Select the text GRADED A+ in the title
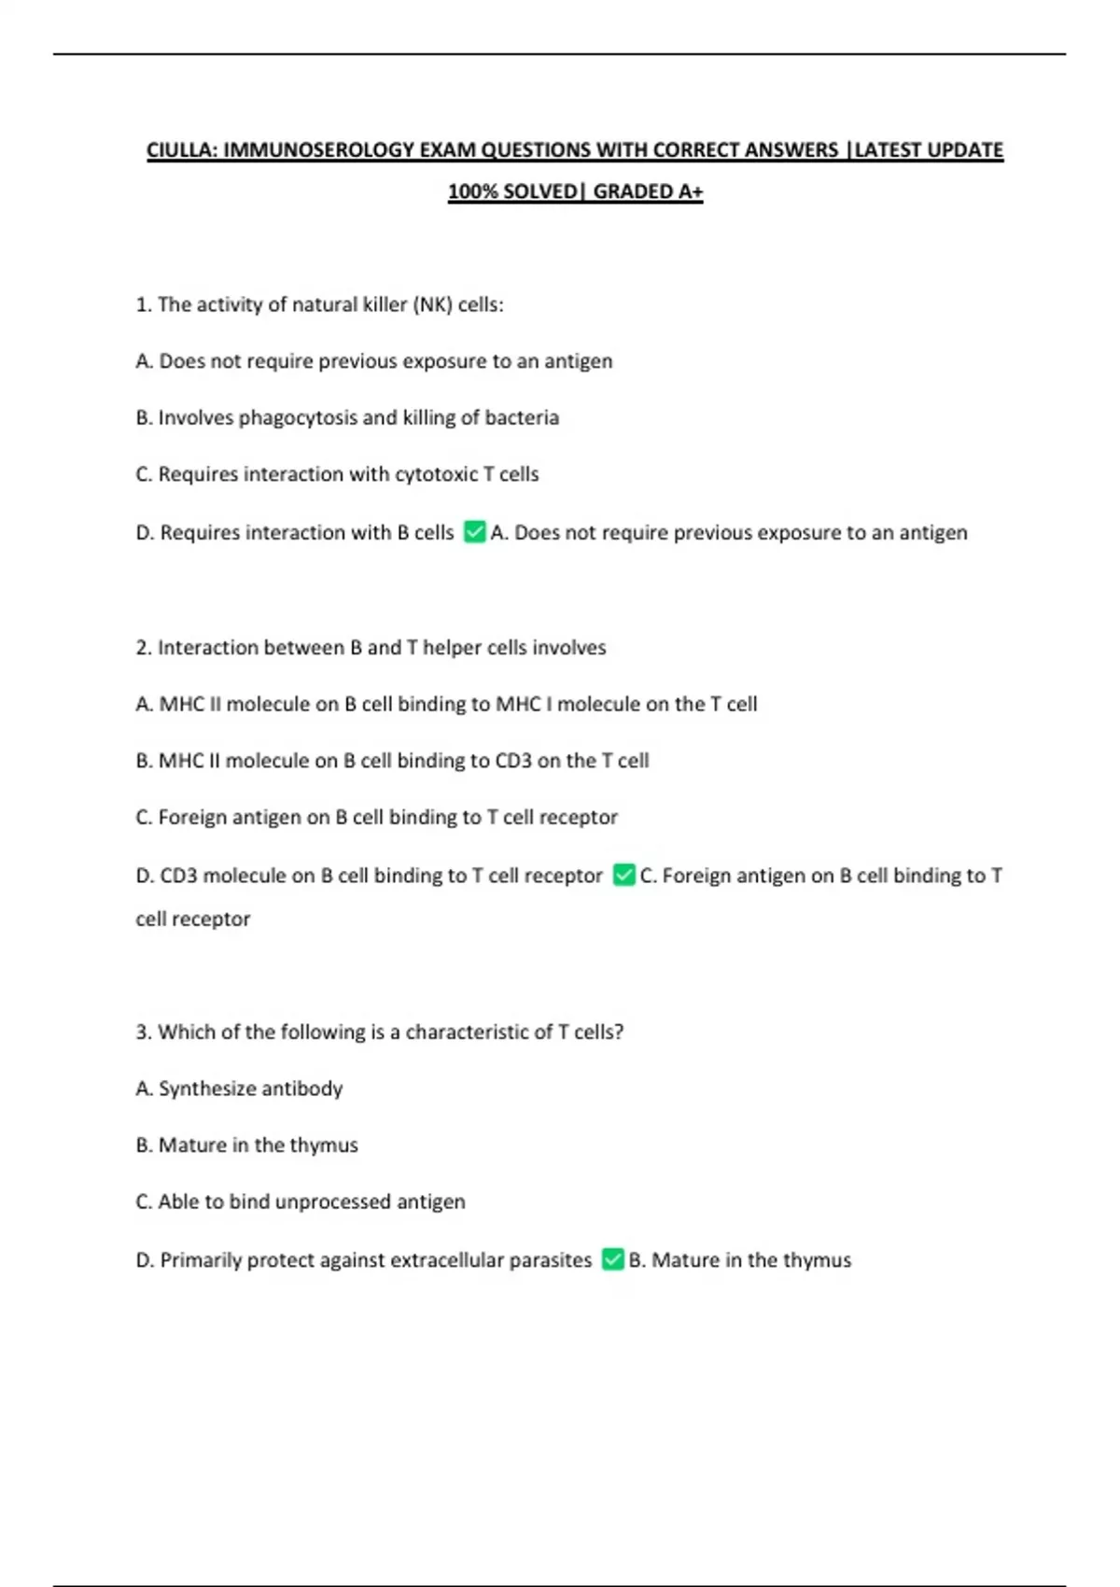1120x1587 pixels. click(x=648, y=192)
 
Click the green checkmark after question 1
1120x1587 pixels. click(x=474, y=532)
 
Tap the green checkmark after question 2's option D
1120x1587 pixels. click(x=623, y=875)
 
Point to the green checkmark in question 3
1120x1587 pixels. click(x=612, y=1259)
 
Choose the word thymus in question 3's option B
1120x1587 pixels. click(x=324, y=1145)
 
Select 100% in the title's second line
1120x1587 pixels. click(x=472, y=192)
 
